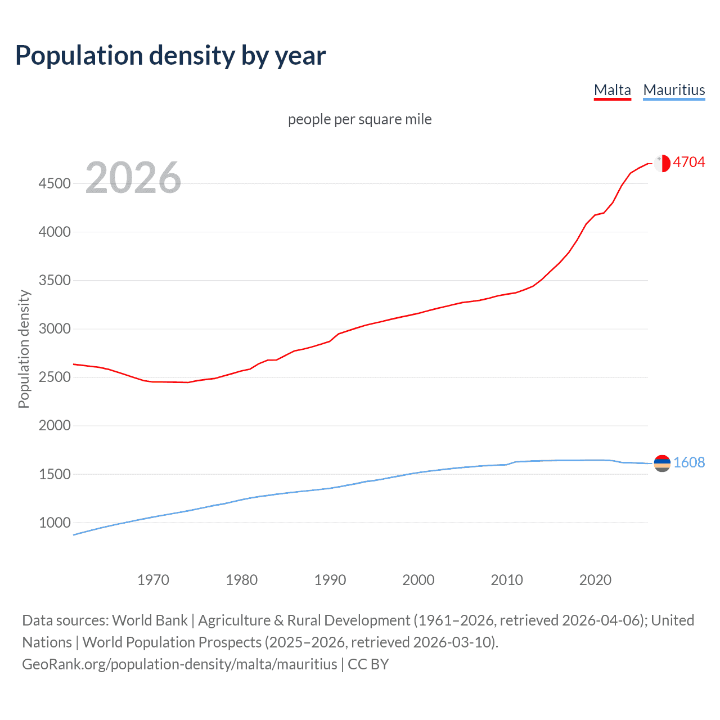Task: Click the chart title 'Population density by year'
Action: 170,56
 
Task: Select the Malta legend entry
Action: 612,90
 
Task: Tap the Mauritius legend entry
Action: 673,90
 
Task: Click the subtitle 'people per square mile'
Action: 359,119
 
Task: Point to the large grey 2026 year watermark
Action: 133,178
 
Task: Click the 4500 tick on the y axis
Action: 55,183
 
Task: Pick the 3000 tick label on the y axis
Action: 55,328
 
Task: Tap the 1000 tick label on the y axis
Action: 55,523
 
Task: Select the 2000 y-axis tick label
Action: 55,426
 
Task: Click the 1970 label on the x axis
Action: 153,580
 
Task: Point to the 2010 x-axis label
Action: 507,580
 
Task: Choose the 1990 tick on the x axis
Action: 330,580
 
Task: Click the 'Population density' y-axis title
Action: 24,349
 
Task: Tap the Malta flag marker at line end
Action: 662,163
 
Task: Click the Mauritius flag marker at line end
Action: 662,463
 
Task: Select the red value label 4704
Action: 688,162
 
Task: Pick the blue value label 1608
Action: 688,462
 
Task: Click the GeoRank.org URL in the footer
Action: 179,664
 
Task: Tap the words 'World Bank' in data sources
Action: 150,620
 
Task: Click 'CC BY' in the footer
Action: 368,664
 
